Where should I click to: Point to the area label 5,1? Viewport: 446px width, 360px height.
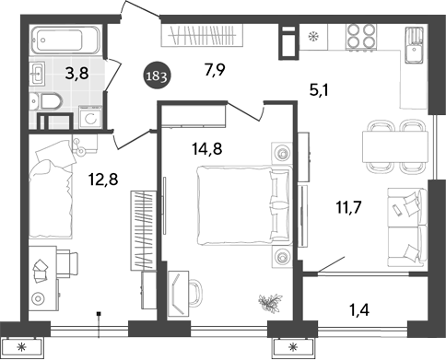coord(320,89)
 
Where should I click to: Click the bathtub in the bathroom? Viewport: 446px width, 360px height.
coord(66,42)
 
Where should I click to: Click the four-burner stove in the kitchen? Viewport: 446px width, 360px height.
coord(359,39)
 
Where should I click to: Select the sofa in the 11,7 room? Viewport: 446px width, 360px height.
coord(406,226)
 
